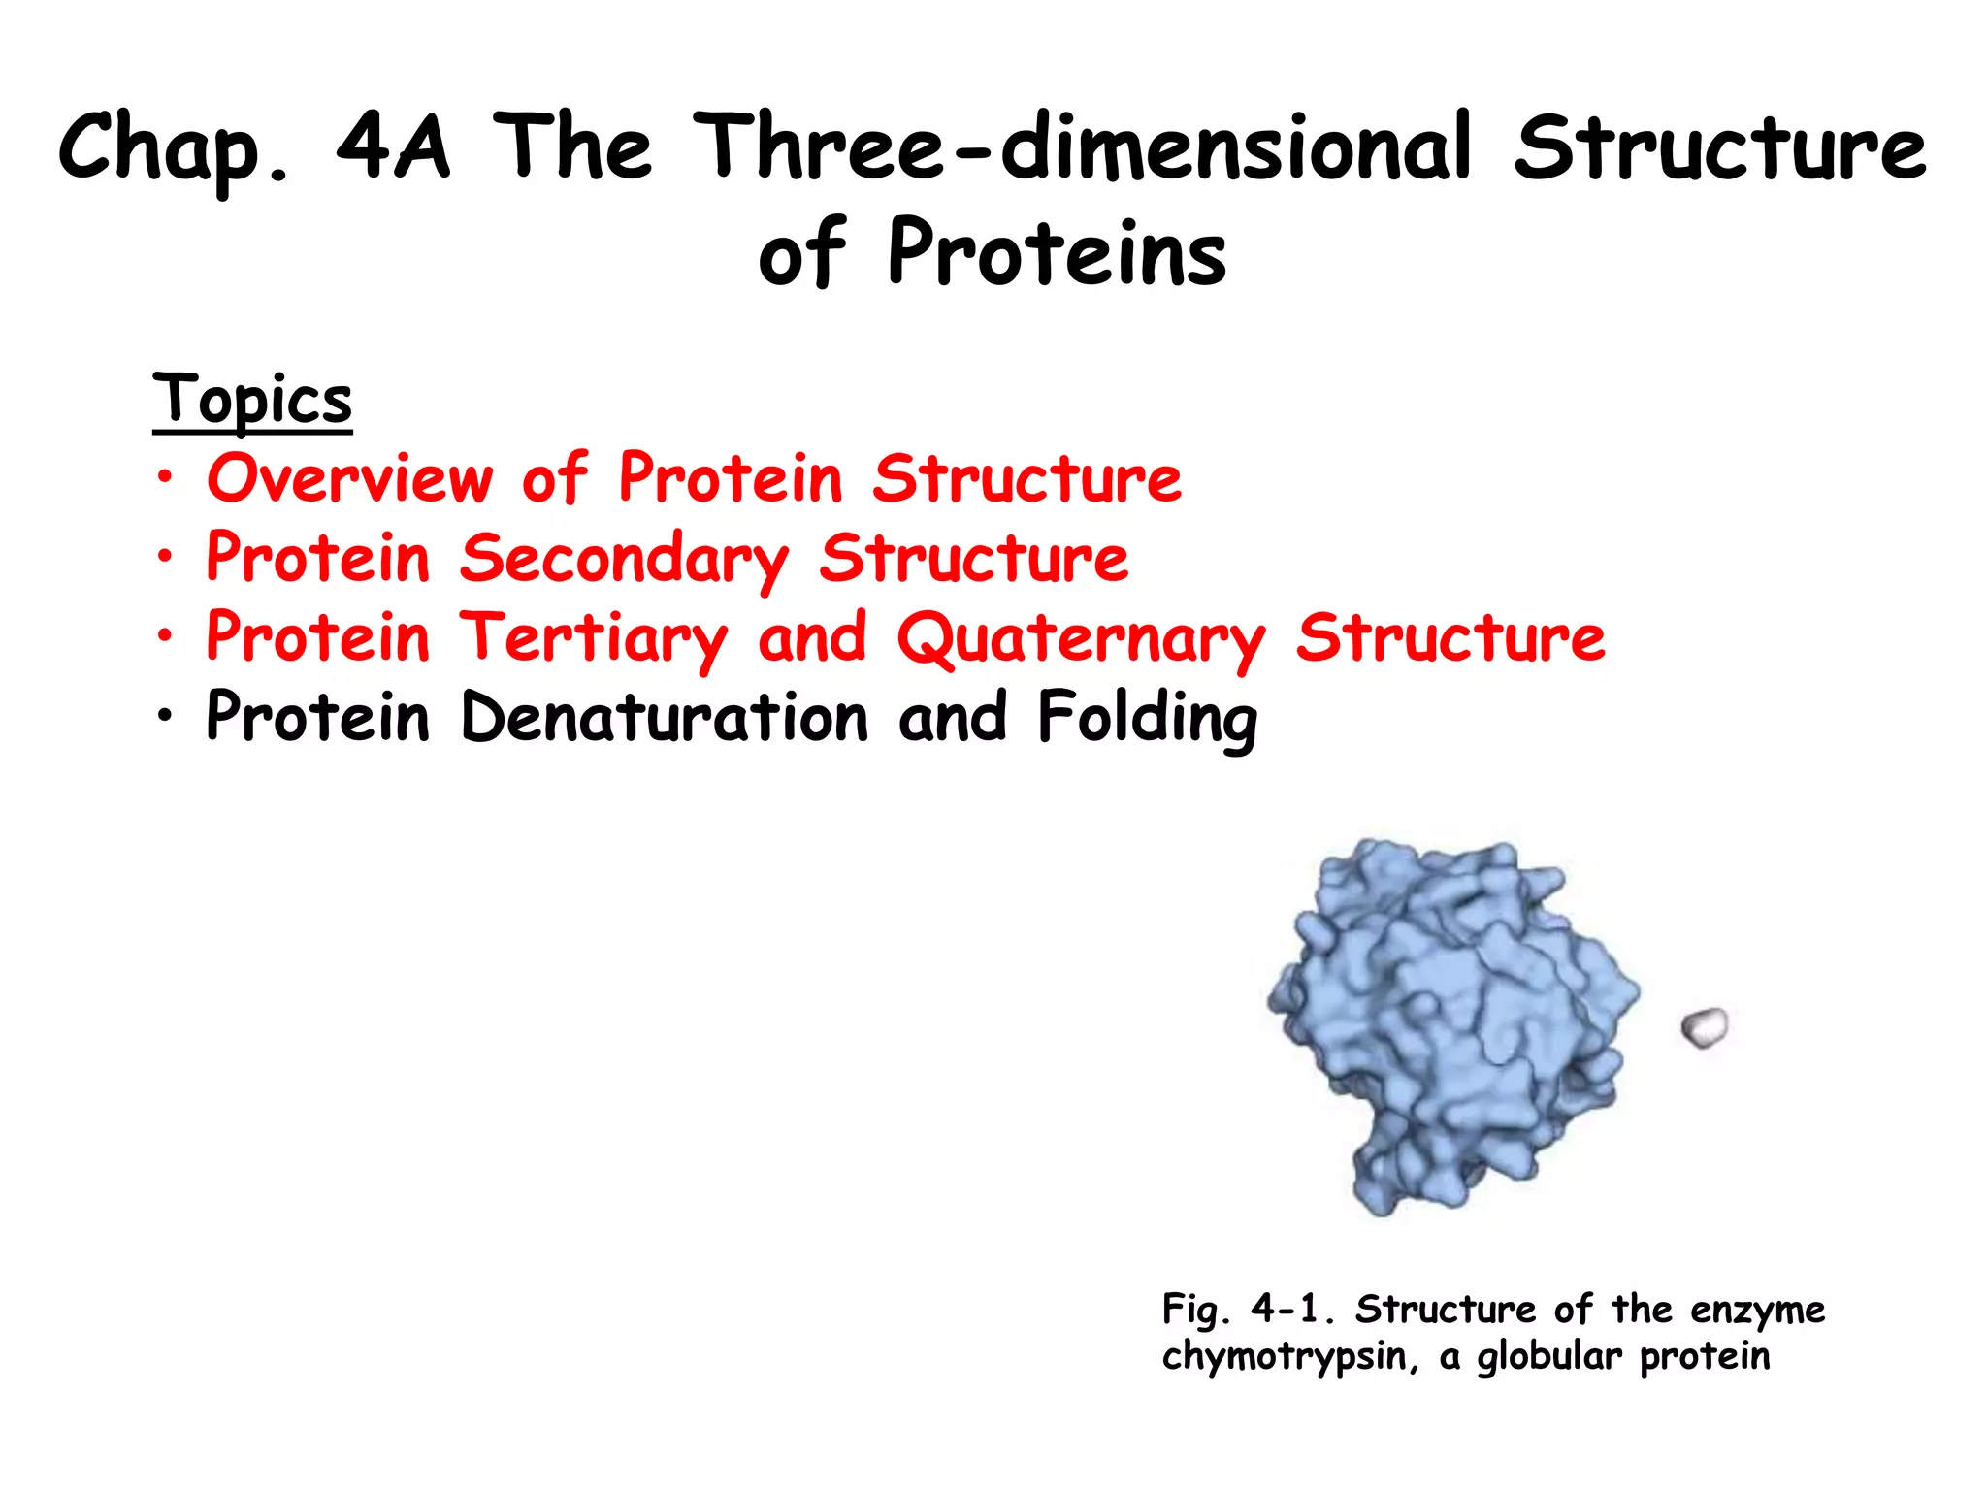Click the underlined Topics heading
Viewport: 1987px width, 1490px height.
[252, 399]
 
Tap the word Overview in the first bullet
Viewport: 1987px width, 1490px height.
[350, 478]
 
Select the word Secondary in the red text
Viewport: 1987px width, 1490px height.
[624, 559]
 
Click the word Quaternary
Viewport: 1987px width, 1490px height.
[1081, 639]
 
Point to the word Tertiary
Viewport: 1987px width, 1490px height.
[593, 639]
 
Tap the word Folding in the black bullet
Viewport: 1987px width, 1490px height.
[1148, 718]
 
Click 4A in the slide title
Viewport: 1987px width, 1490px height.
[393, 147]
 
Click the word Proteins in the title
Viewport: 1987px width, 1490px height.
[1057, 253]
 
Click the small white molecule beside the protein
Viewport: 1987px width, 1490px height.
[1705, 1027]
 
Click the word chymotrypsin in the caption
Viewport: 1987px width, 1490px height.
[1283, 1356]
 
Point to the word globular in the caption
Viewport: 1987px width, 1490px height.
[1548, 1356]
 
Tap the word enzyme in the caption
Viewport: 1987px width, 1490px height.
[1757, 1311]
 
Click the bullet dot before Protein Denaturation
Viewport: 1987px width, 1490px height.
[166, 716]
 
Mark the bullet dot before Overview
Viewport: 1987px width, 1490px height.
[166, 477]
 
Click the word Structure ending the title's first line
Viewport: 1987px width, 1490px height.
[1719, 147]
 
